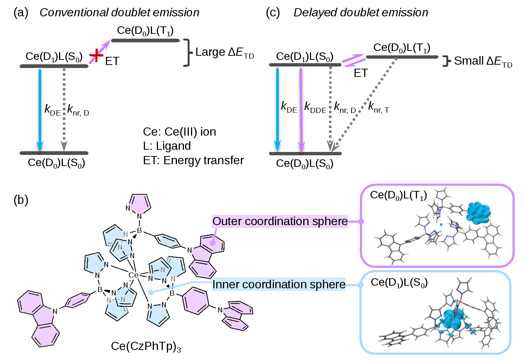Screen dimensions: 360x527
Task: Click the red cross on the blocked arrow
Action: click(x=96, y=56)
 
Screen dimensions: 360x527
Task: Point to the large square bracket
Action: click(x=188, y=53)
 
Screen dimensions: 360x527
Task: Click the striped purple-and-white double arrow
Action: click(x=353, y=60)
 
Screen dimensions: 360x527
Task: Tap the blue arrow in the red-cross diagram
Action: click(x=40, y=110)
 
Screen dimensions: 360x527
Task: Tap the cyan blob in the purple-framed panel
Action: click(x=479, y=213)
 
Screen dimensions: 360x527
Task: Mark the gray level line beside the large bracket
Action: click(x=145, y=40)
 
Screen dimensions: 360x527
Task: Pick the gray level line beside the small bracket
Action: click(x=402, y=57)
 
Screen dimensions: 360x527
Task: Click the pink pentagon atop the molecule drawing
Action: click(x=140, y=204)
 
